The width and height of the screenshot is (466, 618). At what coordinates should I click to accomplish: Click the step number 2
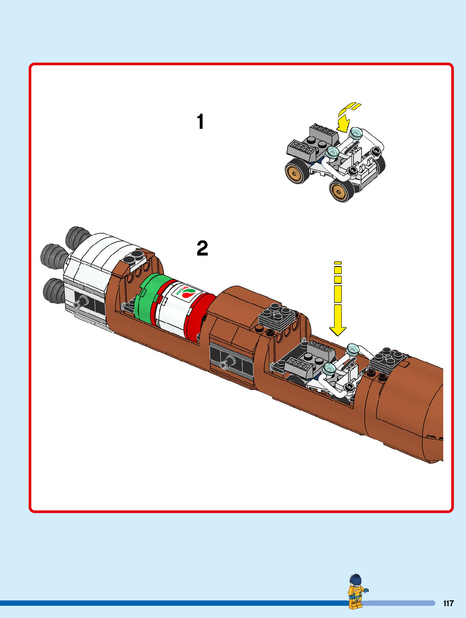pyautogui.click(x=202, y=248)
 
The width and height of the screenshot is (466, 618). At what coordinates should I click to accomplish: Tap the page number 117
pyautogui.click(x=448, y=603)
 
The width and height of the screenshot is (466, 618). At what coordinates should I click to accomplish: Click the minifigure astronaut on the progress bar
pyautogui.click(x=357, y=591)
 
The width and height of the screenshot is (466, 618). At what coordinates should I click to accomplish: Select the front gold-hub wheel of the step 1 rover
pyautogui.click(x=342, y=190)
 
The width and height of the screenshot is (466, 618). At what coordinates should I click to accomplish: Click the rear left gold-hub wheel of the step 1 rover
pyautogui.click(x=297, y=170)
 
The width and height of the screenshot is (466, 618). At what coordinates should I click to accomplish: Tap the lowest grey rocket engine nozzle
pyautogui.click(x=54, y=291)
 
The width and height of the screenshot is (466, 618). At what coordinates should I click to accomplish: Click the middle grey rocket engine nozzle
pyautogui.click(x=53, y=256)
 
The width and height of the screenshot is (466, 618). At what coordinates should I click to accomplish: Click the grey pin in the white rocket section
pyautogui.click(x=80, y=303)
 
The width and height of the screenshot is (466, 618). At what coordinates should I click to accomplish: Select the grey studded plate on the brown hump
pyautogui.click(x=277, y=316)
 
